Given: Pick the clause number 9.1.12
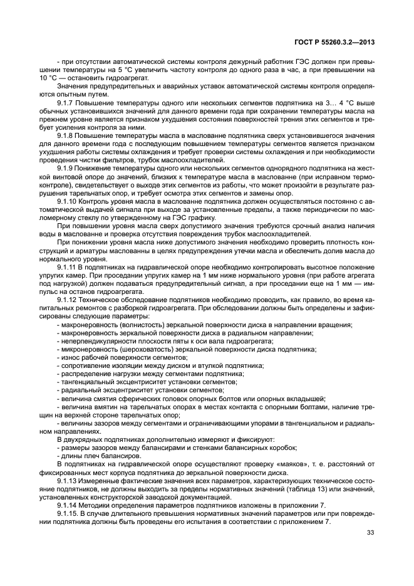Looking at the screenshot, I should pos(68,300).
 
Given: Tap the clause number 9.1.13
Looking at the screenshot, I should pos(68,480).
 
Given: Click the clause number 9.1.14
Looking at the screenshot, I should pos(68,505).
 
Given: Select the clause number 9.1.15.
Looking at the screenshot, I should pos(69,513).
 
